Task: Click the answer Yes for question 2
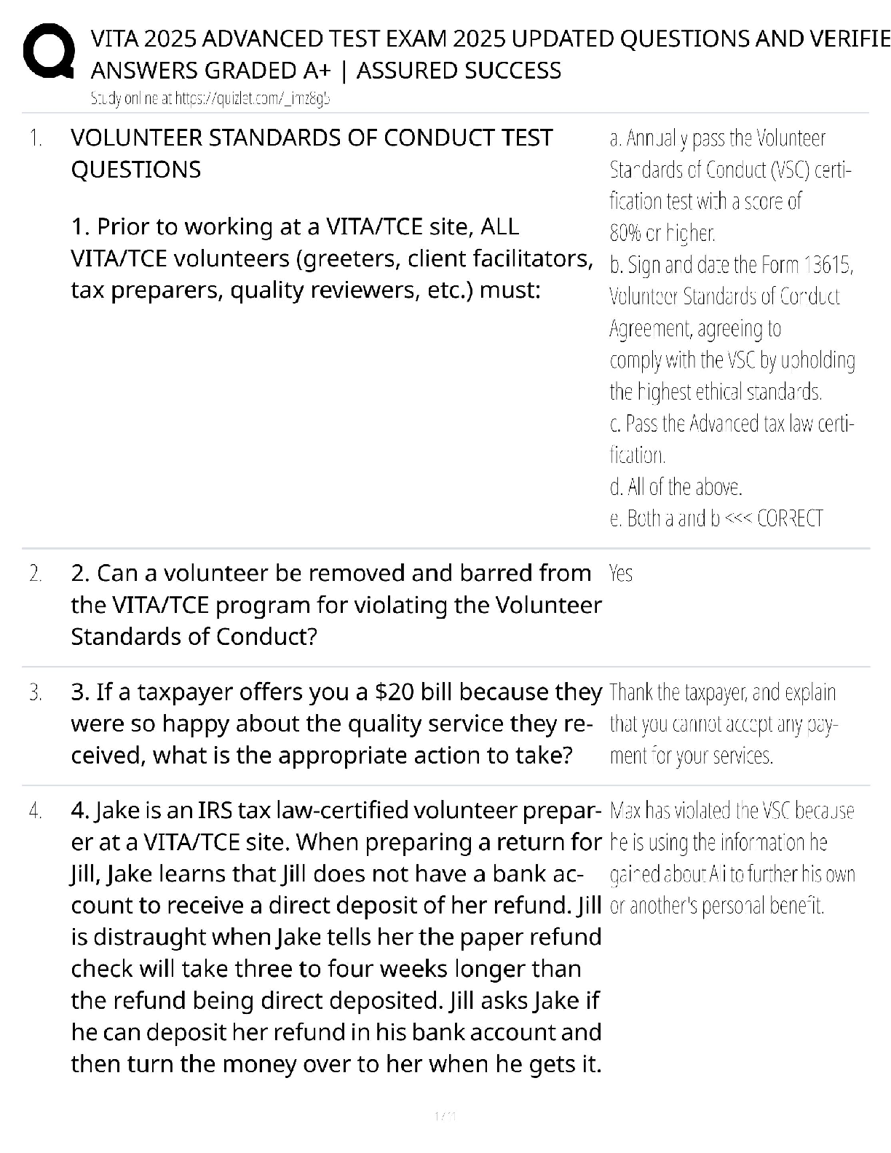(x=620, y=574)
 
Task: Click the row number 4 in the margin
(x=36, y=811)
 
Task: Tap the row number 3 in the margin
(x=36, y=692)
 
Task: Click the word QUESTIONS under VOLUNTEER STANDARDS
(x=135, y=170)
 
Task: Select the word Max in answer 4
(x=625, y=811)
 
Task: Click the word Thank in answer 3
(x=628, y=692)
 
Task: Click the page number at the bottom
(x=445, y=1116)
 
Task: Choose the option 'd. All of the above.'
(x=676, y=486)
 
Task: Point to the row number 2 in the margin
(x=36, y=574)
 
